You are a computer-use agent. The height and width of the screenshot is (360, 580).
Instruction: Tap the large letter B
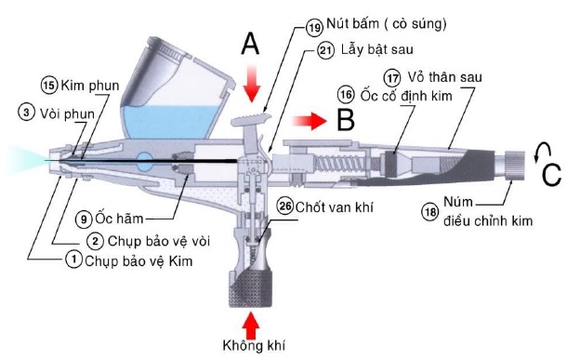(x=346, y=119)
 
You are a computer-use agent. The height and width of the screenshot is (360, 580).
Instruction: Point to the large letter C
(x=551, y=174)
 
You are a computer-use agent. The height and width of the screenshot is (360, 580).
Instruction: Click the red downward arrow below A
(x=252, y=84)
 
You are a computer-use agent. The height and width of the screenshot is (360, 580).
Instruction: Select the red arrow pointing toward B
(x=310, y=121)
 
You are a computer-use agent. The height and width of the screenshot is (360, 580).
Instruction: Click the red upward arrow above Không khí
(x=252, y=326)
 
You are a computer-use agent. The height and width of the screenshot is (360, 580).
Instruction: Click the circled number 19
(x=314, y=27)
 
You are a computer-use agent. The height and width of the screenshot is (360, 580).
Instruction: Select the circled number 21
(x=325, y=50)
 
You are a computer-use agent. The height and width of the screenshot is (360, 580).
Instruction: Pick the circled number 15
(x=49, y=86)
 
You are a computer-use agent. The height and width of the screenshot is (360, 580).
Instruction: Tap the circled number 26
(x=285, y=206)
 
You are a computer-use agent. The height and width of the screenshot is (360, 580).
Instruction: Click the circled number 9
(x=84, y=220)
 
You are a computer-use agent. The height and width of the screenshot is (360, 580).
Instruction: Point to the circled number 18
(x=429, y=212)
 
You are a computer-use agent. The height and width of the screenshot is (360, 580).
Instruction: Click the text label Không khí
(x=254, y=346)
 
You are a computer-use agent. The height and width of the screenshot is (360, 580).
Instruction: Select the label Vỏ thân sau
(x=444, y=77)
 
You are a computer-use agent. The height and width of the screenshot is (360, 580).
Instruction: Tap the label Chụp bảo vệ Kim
(x=138, y=261)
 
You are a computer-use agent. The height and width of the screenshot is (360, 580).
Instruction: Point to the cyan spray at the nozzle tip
(x=26, y=160)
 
